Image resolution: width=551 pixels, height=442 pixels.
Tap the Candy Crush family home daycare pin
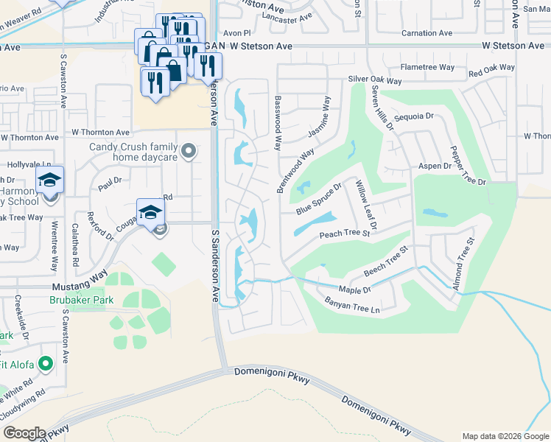189,152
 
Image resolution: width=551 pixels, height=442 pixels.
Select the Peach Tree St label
343,235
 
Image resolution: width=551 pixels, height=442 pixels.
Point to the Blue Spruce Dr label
319,200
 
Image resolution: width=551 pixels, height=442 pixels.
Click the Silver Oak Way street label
375,81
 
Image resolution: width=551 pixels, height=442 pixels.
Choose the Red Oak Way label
491,69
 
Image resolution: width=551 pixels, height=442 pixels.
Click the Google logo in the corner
24,433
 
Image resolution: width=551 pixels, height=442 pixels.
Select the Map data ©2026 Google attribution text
504,435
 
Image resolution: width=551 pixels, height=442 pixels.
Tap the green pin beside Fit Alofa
45,363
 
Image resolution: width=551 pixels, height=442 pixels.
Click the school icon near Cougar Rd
150,211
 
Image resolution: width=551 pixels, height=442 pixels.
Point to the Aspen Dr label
435,166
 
